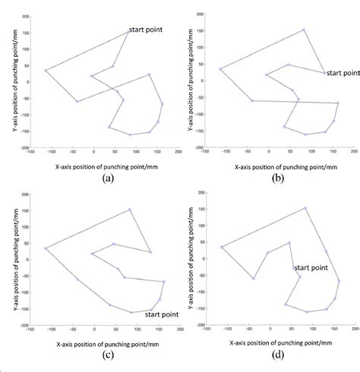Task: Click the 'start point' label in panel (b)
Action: (x=342, y=74)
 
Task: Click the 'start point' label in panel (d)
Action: (x=311, y=268)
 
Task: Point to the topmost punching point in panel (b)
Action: (x=304, y=30)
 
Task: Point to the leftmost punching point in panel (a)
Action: (x=46, y=71)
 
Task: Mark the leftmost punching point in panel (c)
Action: (x=46, y=248)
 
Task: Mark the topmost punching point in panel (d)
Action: (x=305, y=207)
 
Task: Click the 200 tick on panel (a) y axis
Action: (x=24, y=16)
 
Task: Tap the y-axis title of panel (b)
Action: (x=181, y=80)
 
